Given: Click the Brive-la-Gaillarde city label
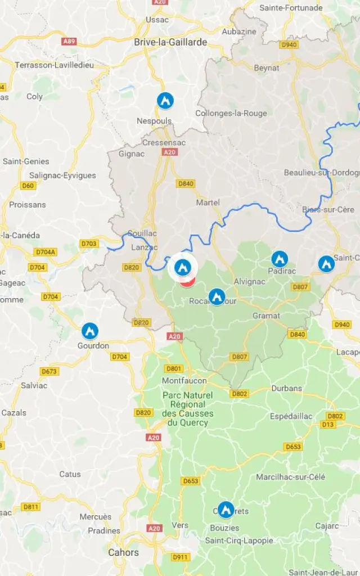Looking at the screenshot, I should [x=170, y=42].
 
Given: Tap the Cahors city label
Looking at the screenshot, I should [x=124, y=552].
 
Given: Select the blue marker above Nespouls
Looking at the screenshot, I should [x=165, y=101].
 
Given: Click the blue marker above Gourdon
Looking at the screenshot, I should [x=90, y=331].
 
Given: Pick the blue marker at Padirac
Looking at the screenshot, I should [x=280, y=259].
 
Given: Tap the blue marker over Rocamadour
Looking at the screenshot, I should [x=217, y=296].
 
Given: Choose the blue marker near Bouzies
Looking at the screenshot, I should [x=226, y=510].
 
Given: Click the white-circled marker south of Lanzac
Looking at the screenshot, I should [x=182, y=268].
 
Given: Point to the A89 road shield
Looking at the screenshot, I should [x=69, y=41].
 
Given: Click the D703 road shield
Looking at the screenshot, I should [x=89, y=244].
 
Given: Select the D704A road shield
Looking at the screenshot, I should [x=46, y=252].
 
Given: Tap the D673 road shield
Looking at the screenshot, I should [x=49, y=371].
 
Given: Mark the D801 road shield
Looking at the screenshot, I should [x=174, y=368].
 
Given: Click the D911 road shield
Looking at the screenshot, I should [x=180, y=557].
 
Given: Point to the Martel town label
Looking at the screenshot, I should [x=208, y=202].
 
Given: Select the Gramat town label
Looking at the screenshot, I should [x=266, y=316].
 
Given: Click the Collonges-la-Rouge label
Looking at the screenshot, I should [x=231, y=113].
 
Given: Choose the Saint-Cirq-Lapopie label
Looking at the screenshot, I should [x=239, y=541].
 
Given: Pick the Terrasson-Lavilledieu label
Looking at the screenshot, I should [x=55, y=65].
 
